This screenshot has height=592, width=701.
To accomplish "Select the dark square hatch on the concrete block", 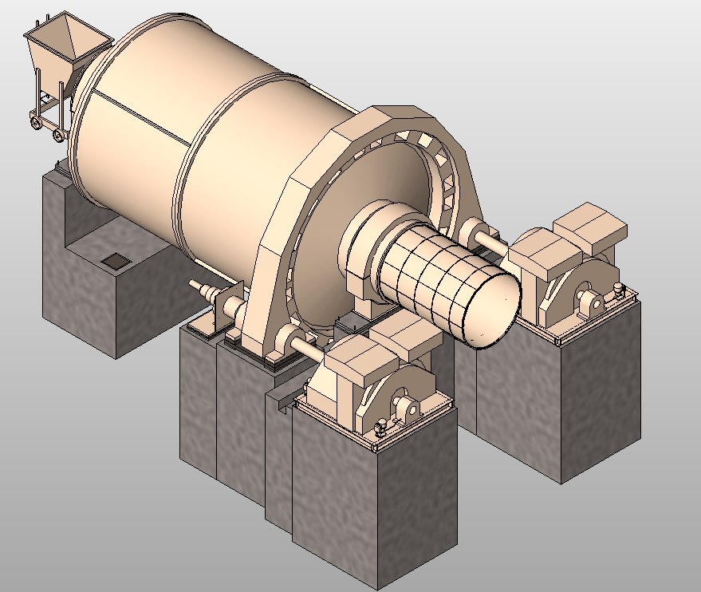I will point(116,260).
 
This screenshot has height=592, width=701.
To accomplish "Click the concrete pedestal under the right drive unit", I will point(574,399).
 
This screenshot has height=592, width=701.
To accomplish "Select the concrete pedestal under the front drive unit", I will point(375,503).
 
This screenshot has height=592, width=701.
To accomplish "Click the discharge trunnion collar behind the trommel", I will point(375,239).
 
